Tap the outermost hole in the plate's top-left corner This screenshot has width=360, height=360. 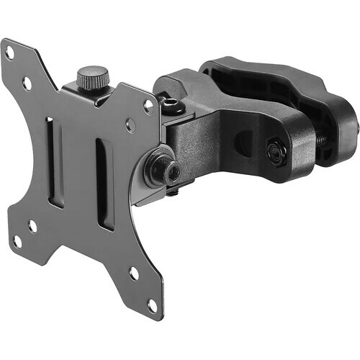click(x=9, y=52)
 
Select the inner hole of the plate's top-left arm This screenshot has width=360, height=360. click(x=27, y=83)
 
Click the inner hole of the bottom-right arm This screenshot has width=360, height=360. click(x=134, y=274)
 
